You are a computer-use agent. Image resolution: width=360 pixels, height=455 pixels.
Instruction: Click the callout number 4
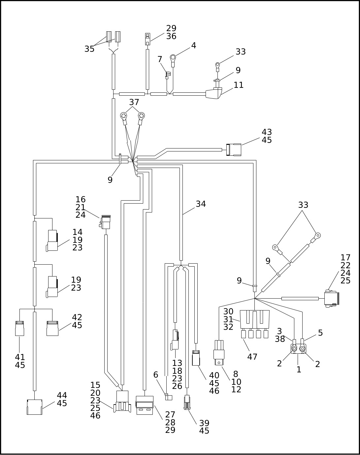click(x=194, y=46)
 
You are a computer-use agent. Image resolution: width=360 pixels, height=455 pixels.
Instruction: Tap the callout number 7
click(x=160, y=59)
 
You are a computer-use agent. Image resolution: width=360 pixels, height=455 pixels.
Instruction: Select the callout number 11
click(x=239, y=85)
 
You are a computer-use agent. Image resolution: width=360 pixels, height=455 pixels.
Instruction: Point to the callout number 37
click(x=134, y=102)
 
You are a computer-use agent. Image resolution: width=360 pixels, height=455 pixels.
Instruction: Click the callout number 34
click(x=201, y=204)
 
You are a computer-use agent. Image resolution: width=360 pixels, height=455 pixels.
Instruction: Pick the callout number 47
click(x=252, y=357)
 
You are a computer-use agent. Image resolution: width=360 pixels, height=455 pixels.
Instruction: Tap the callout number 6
click(x=156, y=375)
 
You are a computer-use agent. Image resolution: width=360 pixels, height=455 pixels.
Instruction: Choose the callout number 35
click(x=89, y=49)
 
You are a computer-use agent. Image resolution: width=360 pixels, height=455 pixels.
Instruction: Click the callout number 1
click(x=299, y=370)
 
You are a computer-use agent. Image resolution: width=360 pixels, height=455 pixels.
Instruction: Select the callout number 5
click(x=320, y=333)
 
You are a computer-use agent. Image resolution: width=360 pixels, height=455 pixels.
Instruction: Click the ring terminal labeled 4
click(x=173, y=58)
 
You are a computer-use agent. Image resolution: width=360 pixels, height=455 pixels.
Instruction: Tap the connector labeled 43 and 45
click(x=234, y=150)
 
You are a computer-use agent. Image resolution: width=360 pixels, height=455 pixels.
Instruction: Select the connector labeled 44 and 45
click(x=34, y=407)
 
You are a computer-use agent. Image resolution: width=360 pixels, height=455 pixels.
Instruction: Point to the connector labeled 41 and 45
click(x=19, y=329)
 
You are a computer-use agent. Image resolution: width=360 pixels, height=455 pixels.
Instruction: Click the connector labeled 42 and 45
click(x=52, y=329)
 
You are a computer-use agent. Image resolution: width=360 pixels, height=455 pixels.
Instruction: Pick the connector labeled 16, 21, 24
click(x=106, y=222)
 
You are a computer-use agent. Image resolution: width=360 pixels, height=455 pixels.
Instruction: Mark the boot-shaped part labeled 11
click(x=213, y=94)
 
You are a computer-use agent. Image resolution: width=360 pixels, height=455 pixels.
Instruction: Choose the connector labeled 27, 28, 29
click(x=145, y=405)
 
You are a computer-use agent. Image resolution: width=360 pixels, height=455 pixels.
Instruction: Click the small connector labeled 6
click(x=168, y=397)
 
